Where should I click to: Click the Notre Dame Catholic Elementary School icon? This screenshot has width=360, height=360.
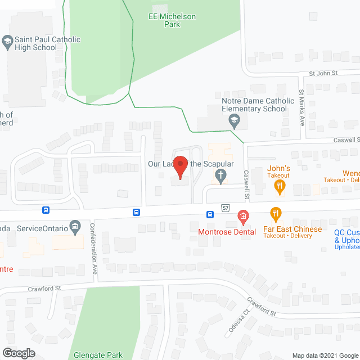tap(234, 119)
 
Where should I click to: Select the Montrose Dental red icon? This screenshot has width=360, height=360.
tap(243, 215)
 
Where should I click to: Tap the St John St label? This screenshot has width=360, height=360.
tap(323, 73)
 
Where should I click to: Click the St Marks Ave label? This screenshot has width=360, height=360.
tap(301, 107)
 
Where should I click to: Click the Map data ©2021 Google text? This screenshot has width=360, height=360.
tap(324, 355)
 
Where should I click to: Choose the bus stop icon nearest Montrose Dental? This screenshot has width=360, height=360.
tap(210, 214)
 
